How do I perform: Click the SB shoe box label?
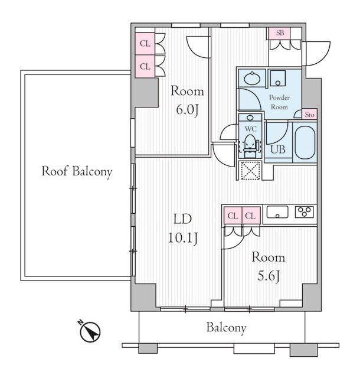click(x=280, y=32)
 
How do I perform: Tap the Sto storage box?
click(x=309, y=114)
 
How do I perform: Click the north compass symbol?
click(x=90, y=332)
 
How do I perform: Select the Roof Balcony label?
click(x=77, y=172)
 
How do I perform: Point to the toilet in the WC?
click(x=250, y=145)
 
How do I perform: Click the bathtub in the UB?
click(x=305, y=143)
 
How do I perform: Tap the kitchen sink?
click(x=277, y=212)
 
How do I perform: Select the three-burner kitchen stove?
click(x=305, y=212)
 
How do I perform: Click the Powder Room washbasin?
click(x=252, y=79)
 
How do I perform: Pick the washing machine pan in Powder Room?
click(x=277, y=78)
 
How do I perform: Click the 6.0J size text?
click(x=187, y=110)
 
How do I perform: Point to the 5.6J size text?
click(x=268, y=276)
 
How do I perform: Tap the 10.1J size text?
click(x=182, y=239)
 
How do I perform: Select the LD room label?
click(x=182, y=219)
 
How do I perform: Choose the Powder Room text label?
click(x=279, y=102)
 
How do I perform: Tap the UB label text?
click(x=278, y=149)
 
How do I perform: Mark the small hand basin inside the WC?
click(x=250, y=118)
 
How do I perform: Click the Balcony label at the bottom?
click(x=226, y=328)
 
